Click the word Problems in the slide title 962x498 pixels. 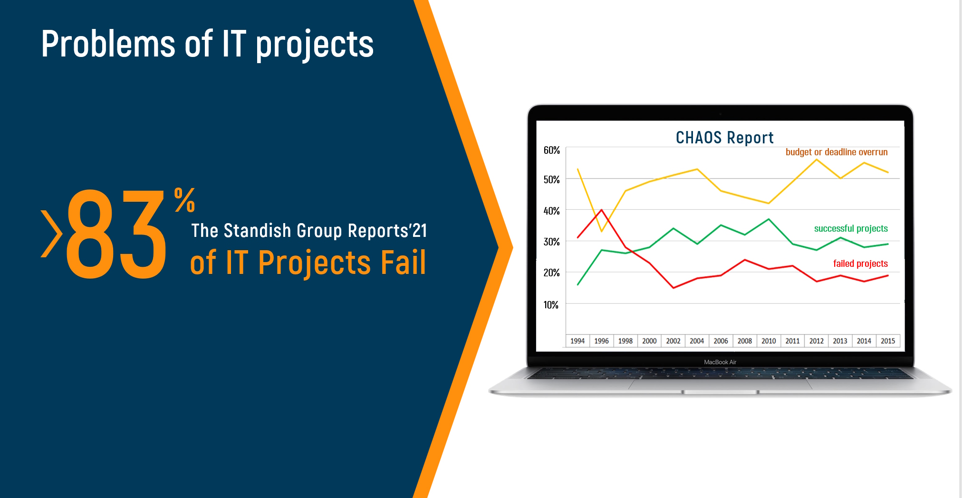coord(108,44)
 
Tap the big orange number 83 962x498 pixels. coord(116,234)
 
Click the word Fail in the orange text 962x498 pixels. coord(403,262)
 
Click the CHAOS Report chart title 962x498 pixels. coord(724,138)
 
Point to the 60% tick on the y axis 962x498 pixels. coord(552,150)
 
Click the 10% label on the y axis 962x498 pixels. coord(551,305)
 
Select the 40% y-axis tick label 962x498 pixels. coord(552,211)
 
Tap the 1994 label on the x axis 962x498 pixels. coord(577,341)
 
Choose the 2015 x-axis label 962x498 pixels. coord(888,341)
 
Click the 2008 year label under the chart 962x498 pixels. coord(745,341)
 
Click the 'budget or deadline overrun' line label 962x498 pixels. coord(837,152)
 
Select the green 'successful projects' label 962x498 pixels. coord(851,229)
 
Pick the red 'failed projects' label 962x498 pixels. coord(860,264)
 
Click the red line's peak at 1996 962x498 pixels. coord(601,209)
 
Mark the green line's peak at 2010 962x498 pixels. coord(769,219)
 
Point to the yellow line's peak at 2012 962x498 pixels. coord(817,160)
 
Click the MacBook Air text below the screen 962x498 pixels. coord(720,362)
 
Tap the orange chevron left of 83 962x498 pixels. coord(52,234)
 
